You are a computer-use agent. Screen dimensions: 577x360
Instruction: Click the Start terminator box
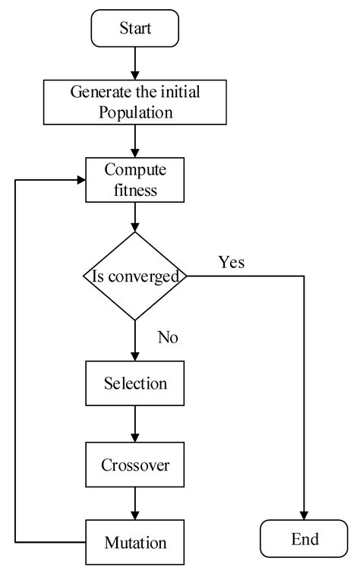click(134, 29)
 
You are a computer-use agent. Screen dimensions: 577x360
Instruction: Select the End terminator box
click(304, 539)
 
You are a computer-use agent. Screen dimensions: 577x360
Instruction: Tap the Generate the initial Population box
click(134, 102)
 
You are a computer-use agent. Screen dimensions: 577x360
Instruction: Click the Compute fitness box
click(134, 178)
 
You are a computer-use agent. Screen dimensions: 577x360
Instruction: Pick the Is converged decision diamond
click(134, 276)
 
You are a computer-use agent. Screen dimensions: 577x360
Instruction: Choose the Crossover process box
click(134, 463)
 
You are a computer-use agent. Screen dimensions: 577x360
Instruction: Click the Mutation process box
click(134, 542)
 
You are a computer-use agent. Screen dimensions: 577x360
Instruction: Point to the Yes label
click(232, 263)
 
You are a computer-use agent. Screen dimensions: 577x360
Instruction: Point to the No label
click(167, 337)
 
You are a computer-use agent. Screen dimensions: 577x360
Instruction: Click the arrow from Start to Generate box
click(134, 62)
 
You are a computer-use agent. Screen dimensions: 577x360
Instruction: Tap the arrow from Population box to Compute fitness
click(134, 141)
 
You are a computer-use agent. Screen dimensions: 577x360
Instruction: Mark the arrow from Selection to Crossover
click(134, 424)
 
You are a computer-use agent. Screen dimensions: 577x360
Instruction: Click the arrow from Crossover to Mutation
click(134, 503)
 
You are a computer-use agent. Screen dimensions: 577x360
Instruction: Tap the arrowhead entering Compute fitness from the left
click(80, 179)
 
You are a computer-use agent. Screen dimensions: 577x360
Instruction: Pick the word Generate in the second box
click(98, 93)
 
